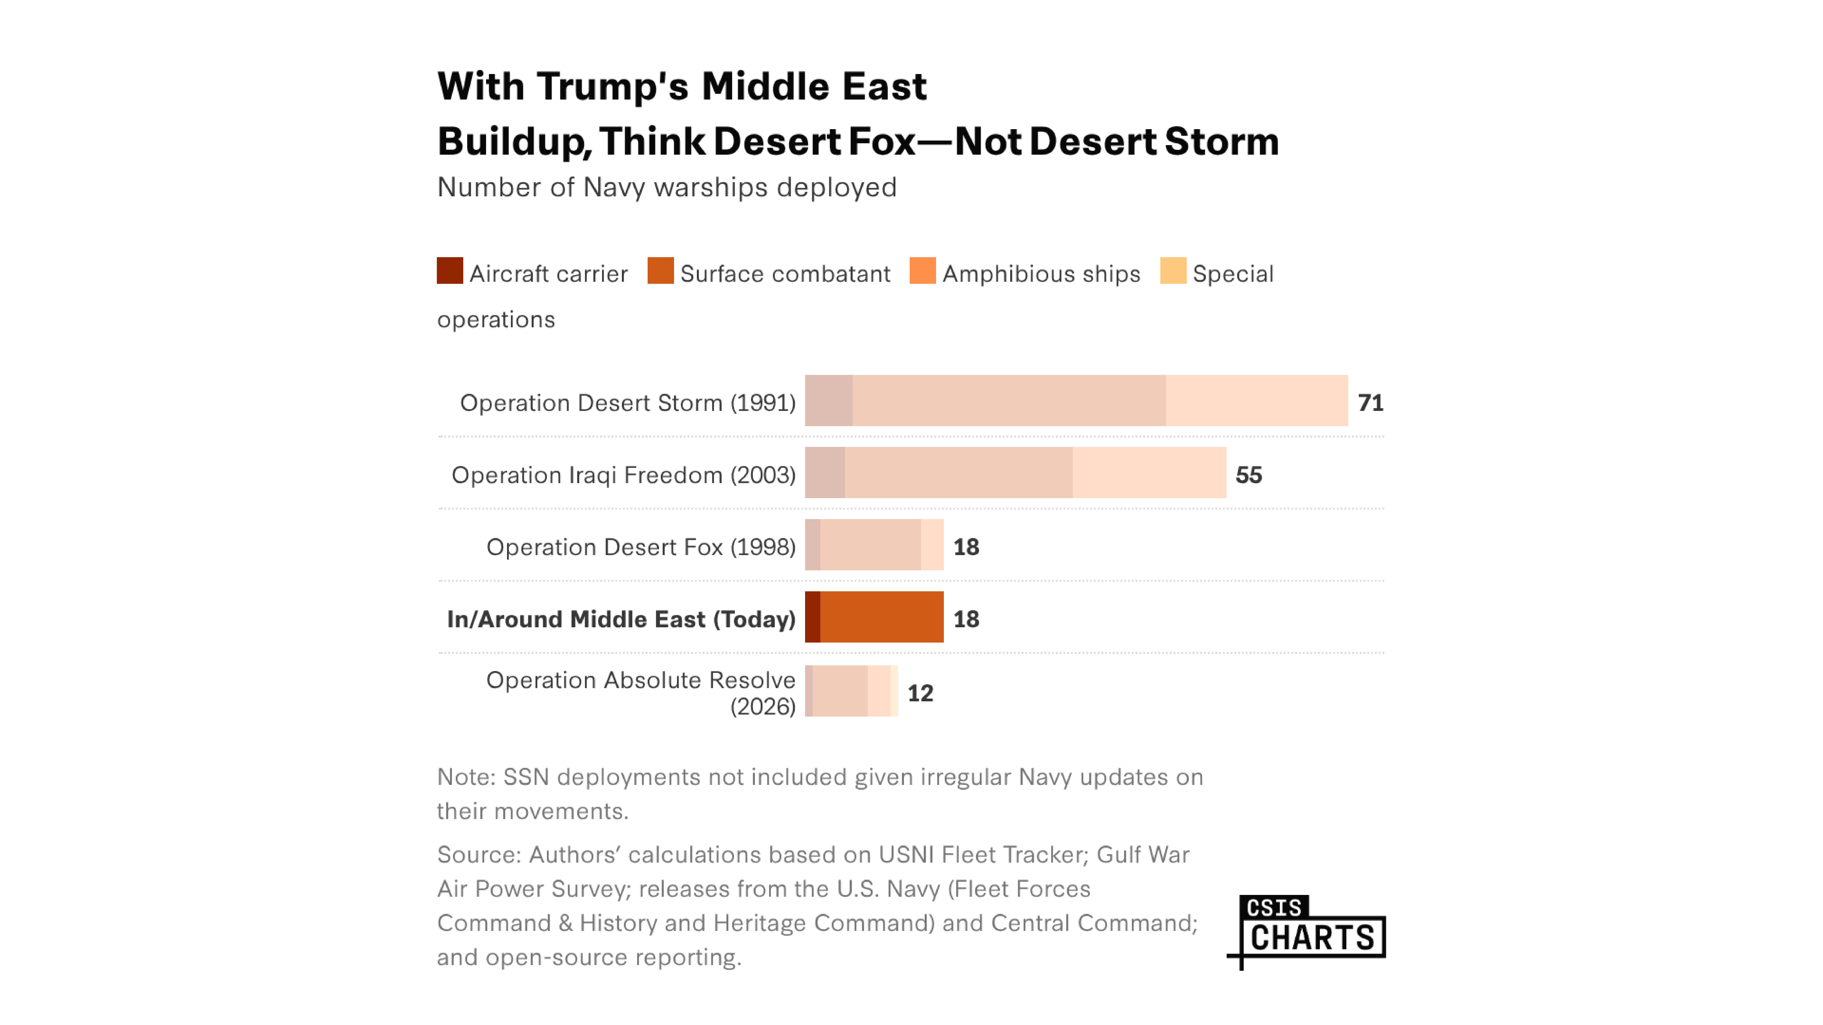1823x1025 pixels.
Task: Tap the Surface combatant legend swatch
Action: (660, 271)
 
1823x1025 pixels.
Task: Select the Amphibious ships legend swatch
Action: (922, 271)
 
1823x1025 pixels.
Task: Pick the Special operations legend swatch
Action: (1173, 271)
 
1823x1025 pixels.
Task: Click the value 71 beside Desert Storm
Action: (1370, 402)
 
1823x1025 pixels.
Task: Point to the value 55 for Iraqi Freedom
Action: (1248, 475)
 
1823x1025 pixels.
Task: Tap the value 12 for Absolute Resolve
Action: (920, 692)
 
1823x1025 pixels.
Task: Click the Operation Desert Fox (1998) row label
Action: (641, 547)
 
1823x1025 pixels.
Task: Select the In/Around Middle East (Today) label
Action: (621, 619)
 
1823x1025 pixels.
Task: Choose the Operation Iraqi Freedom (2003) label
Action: (623, 475)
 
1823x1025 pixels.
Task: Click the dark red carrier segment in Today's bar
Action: (812, 617)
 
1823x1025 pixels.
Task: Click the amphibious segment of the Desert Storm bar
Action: (1256, 400)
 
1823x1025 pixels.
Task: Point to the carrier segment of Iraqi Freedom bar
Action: (824, 473)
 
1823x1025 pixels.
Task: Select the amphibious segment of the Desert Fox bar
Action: (932, 545)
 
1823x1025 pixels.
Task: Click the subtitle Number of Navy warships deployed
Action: (667, 187)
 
